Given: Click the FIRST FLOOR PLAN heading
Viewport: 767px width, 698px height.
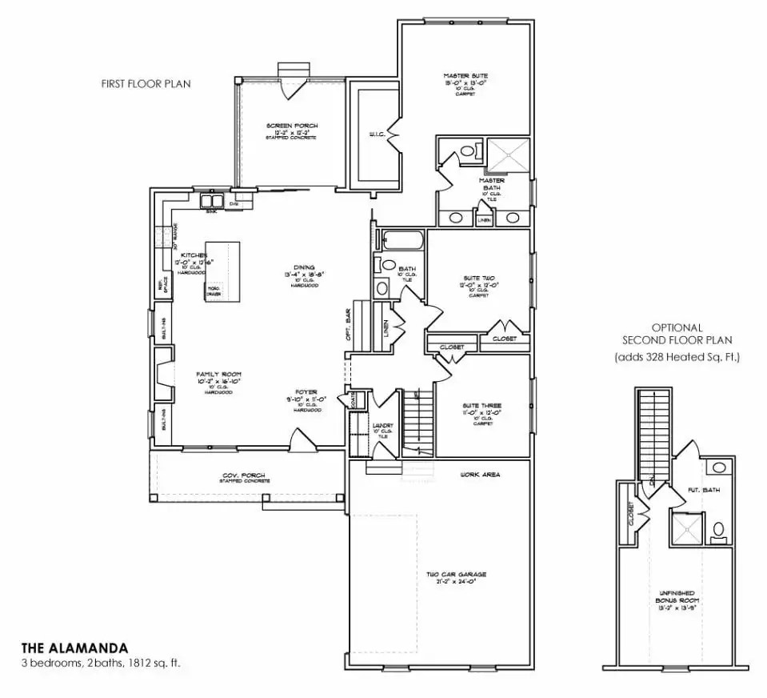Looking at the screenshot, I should [146, 83].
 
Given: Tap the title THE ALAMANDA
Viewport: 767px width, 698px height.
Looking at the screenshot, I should [74, 647].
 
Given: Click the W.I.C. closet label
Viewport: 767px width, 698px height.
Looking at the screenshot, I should [378, 134].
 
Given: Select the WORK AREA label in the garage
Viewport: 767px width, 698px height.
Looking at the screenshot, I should [480, 475].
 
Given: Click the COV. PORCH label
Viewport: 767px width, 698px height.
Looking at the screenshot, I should [244, 478].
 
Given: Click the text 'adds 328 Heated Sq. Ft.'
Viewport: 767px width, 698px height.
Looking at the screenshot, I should [677, 357].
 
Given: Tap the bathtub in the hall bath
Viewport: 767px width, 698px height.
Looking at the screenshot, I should [402, 239].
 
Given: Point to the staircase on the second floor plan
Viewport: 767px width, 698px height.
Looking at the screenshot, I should [653, 436].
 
